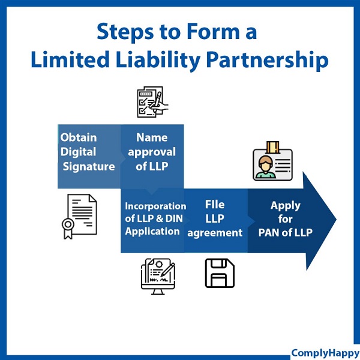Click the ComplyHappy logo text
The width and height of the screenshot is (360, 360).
324,353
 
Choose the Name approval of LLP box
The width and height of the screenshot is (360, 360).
152,153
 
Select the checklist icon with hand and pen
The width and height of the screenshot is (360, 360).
152,101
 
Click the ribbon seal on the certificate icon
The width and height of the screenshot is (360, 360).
67,227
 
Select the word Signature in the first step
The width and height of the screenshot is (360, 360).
89,166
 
